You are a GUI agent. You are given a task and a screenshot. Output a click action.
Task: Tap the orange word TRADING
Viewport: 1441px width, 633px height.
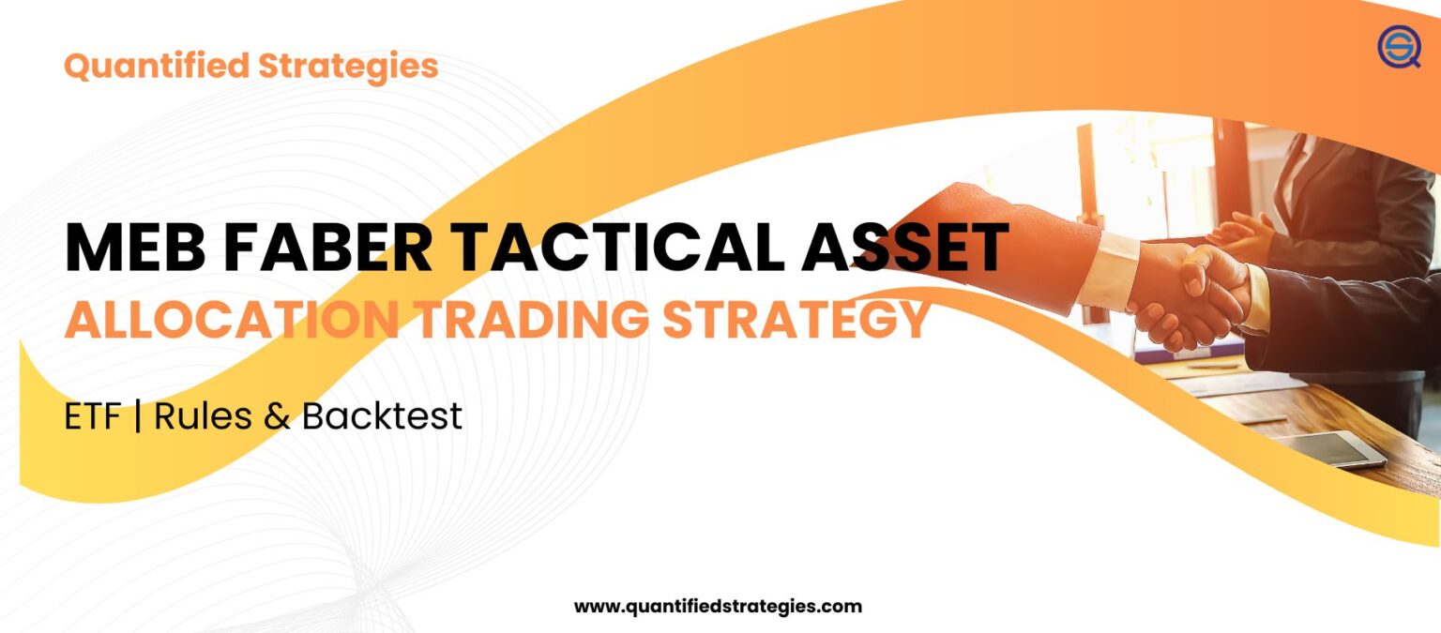[x=531, y=321]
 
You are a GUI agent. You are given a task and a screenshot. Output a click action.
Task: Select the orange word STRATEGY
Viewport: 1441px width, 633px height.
[x=797, y=321]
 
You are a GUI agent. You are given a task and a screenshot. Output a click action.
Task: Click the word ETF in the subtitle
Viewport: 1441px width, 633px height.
[x=92, y=416]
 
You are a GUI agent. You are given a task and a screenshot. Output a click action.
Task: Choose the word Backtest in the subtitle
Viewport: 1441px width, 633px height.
[x=382, y=416]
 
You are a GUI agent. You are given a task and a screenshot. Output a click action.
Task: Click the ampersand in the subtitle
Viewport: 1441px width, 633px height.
[x=277, y=417]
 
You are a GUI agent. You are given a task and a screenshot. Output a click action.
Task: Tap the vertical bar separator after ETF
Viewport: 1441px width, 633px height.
[x=138, y=416]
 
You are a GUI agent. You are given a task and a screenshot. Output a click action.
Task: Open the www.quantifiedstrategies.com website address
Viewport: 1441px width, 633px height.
[x=718, y=607]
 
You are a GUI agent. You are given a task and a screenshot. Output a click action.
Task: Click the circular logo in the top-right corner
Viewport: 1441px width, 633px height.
[x=1399, y=46]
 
